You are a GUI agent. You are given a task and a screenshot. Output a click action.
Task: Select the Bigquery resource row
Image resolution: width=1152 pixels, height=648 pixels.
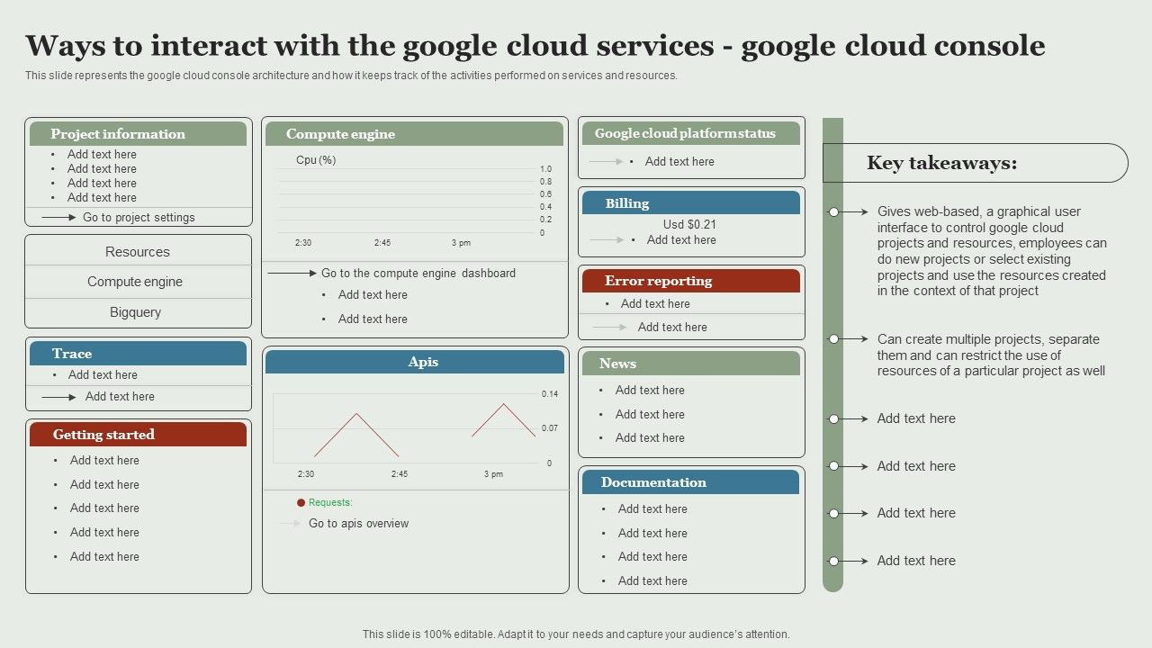pyautogui.click(x=135, y=312)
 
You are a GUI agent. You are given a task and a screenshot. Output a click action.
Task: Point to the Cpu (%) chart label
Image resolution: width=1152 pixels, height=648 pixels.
pyautogui.click(x=316, y=160)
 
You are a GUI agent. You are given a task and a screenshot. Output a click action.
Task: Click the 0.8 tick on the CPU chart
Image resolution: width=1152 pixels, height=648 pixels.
pyautogui.click(x=545, y=182)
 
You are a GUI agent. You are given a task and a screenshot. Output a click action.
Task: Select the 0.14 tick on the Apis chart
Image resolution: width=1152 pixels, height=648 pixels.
pyautogui.click(x=549, y=394)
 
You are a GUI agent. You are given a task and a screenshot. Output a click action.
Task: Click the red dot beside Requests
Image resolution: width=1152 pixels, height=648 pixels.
pyautogui.click(x=301, y=503)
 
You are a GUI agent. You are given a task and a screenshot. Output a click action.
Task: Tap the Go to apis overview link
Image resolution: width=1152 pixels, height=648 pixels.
pyautogui.click(x=358, y=524)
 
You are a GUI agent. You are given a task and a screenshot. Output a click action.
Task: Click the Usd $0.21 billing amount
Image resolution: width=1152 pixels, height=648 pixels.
pyautogui.click(x=689, y=224)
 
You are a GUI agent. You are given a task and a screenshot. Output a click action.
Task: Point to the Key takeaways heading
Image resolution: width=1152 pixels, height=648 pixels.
pyautogui.click(x=941, y=163)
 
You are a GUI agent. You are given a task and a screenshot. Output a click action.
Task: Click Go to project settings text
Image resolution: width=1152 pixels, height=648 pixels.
pyautogui.click(x=139, y=217)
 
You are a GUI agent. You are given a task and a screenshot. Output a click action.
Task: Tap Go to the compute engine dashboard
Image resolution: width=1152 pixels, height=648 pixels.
pyautogui.click(x=418, y=273)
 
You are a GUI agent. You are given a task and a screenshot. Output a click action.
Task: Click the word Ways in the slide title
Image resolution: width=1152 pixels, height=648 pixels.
pyautogui.click(x=75, y=46)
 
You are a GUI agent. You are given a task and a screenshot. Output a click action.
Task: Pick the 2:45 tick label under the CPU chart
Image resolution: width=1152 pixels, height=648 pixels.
pyautogui.click(x=382, y=243)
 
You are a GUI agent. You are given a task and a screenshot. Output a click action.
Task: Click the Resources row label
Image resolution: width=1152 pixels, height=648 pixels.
pyautogui.click(x=137, y=252)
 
